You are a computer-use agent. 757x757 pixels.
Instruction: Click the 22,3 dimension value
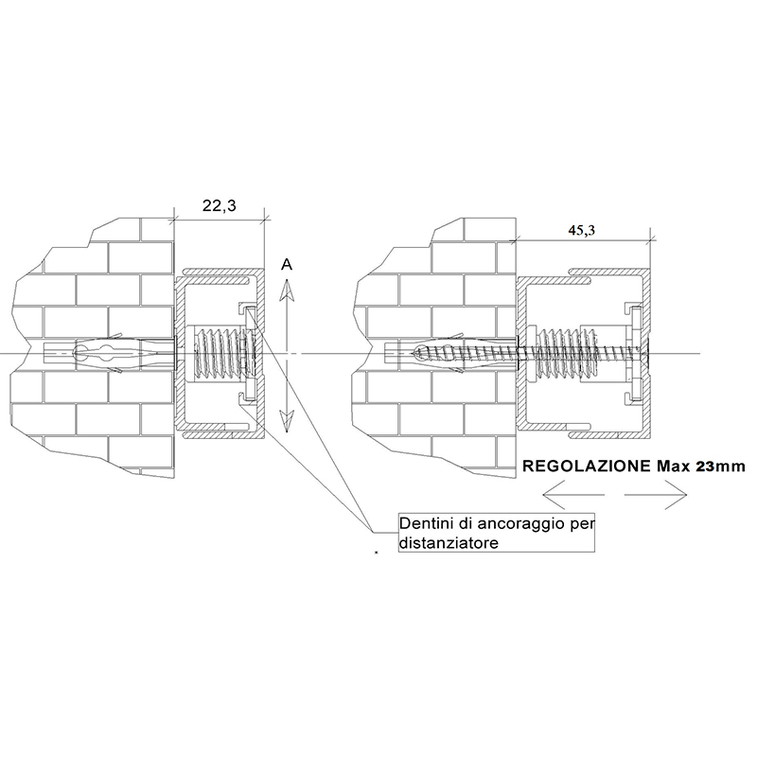point(220,206)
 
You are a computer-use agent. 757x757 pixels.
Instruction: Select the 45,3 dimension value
point(581,230)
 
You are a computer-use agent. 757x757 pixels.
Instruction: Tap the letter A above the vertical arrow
point(287,265)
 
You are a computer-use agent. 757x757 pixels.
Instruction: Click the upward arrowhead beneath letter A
point(287,290)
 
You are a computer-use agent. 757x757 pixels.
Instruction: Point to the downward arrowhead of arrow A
point(287,421)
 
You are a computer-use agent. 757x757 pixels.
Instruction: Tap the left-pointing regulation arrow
point(573,494)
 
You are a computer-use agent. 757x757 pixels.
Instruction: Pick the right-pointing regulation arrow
point(656,494)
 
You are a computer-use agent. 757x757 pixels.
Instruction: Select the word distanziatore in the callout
point(449,542)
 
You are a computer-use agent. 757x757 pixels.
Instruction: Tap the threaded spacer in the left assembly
point(218,354)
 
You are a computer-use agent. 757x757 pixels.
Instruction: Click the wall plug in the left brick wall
point(110,354)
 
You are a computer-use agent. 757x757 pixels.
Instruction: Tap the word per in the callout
point(582,525)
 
